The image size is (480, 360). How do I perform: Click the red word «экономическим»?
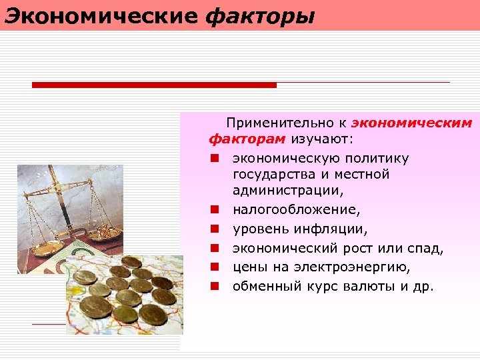click(411, 123)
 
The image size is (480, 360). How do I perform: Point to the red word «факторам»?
click(247, 140)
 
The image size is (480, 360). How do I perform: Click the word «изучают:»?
click(323, 140)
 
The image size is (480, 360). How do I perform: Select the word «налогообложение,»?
click(296, 210)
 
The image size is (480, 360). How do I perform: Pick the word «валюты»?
click(375, 287)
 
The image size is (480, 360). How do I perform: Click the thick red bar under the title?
click(154, 85)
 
